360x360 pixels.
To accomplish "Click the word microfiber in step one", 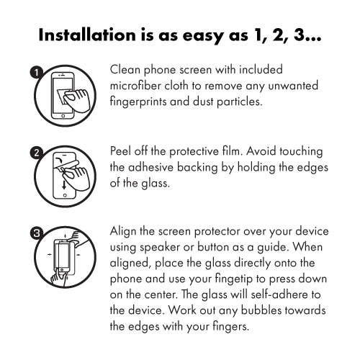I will pyautogui.click(x=138, y=87).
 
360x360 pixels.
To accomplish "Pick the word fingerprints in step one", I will pyautogui.click(x=143, y=102).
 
